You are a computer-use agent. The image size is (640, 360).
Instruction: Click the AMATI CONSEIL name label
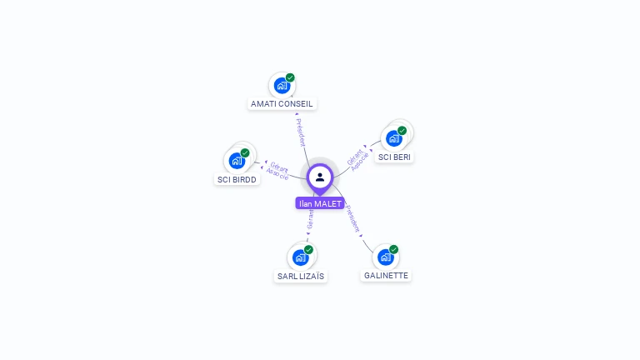(x=282, y=104)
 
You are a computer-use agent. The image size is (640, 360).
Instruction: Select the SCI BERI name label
(x=394, y=157)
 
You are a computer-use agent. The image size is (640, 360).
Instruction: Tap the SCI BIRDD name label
(x=237, y=179)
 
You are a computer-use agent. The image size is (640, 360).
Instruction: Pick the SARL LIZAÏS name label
(x=301, y=276)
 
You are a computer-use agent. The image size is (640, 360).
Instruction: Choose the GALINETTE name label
(x=387, y=275)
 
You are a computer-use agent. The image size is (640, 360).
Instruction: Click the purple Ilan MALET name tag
(x=320, y=203)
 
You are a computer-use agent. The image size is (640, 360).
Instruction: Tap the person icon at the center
(x=320, y=177)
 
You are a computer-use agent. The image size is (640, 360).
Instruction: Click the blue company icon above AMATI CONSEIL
(x=282, y=85)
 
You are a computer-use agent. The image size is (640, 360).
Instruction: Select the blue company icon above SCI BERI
(x=393, y=137)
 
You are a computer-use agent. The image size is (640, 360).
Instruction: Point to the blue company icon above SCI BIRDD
(x=237, y=160)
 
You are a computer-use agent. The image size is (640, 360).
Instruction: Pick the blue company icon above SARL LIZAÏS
(x=300, y=257)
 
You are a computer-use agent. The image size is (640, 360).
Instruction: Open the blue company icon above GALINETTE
(x=385, y=256)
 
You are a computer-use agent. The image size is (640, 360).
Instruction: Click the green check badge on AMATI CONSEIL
(x=290, y=77)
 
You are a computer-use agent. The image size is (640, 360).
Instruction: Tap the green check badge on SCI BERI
(x=402, y=130)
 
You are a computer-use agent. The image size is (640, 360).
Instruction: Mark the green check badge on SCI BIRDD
(x=245, y=152)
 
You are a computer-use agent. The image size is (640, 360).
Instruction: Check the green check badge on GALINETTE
(x=393, y=249)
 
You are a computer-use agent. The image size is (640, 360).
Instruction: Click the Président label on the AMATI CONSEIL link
(x=301, y=132)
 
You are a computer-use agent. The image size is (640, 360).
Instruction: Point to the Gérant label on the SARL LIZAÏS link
(x=310, y=218)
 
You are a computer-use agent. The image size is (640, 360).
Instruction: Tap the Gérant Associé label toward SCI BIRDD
(x=277, y=171)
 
